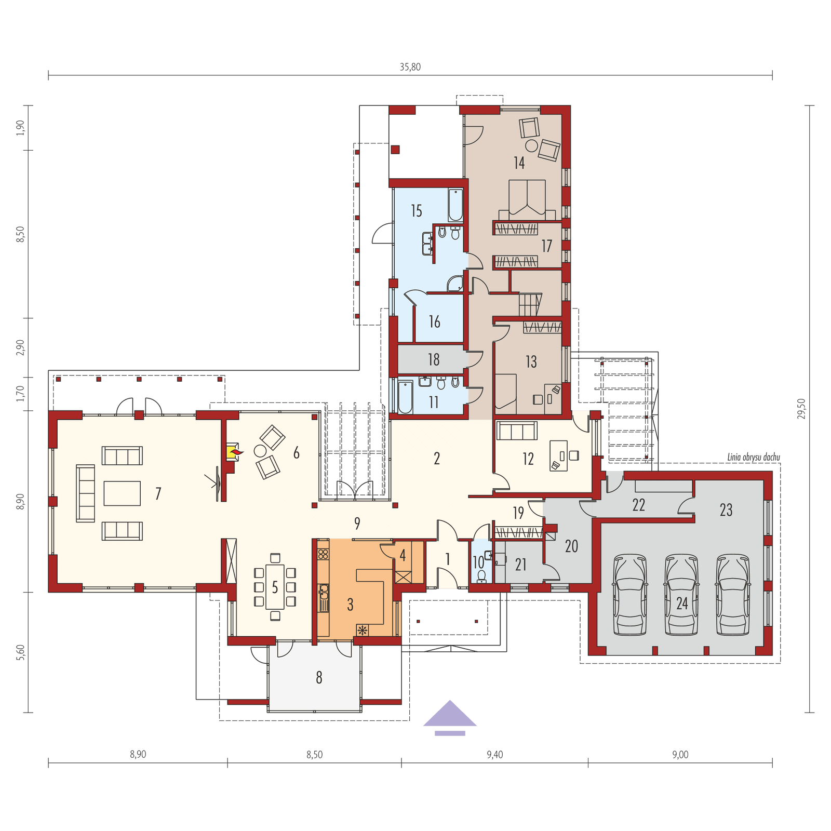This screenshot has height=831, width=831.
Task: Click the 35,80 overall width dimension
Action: point(410,67)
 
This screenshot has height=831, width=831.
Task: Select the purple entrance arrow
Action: point(450,714)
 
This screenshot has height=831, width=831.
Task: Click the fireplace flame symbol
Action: point(235,453)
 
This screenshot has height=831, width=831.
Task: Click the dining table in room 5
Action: point(275,587)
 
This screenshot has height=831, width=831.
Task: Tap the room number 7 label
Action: point(158,493)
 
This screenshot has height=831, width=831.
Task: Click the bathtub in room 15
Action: point(455,206)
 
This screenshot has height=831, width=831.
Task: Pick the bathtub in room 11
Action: point(405,397)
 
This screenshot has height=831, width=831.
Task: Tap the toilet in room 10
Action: point(482,576)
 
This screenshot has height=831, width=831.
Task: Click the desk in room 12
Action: point(559,455)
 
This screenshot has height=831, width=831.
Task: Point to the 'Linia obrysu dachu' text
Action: point(753,458)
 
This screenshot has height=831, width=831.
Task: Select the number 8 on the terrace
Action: point(319,677)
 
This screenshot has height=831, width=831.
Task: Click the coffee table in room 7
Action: point(122,493)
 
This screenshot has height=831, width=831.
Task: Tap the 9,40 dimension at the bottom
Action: point(494,755)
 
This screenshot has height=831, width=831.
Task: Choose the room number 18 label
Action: point(434,359)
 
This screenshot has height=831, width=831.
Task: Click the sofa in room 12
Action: point(517,431)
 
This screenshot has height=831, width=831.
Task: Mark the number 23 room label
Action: point(726,510)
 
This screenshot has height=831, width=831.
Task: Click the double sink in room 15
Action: point(428,244)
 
